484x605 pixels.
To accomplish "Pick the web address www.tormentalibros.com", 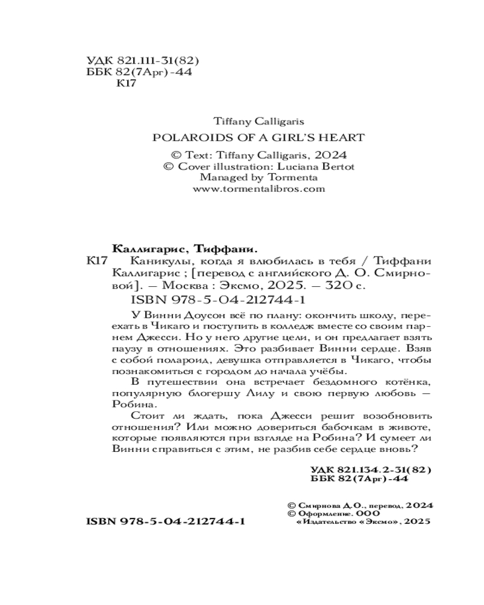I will [x=258, y=189].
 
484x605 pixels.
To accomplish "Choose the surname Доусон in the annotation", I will [x=192, y=315].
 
